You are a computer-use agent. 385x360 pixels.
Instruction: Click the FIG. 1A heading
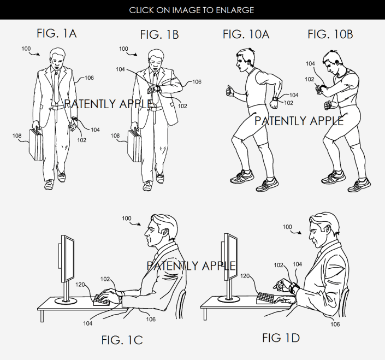(57, 33)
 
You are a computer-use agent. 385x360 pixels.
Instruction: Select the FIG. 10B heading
(330, 34)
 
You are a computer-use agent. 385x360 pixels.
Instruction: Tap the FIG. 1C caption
(122, 340)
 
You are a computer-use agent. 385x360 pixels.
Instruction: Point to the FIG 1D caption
(281, 338)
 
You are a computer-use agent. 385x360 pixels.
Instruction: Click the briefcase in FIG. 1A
(36, 144)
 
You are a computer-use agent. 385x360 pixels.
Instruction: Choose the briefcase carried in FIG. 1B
(134, 145)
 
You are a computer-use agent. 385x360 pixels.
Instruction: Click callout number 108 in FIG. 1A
(17, 135)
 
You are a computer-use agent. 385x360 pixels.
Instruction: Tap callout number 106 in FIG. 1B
(197, 82)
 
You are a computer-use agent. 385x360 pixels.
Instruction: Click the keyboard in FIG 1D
(265, 298)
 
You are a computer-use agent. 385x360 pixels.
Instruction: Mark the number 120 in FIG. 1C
(80, 285)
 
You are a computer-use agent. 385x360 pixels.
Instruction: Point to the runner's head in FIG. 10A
(245, 60)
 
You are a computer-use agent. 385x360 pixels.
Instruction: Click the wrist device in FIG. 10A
(275, 99)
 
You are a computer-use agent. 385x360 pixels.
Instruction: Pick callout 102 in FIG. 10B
(310, 79)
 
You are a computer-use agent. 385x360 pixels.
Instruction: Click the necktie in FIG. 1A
(56, 86)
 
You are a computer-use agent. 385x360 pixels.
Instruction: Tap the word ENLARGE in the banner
(235, 10)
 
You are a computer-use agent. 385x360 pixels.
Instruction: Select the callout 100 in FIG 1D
(287, 227)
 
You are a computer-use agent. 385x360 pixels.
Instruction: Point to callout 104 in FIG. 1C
(88, 323)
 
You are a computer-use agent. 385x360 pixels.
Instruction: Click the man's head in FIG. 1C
(161, 231)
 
